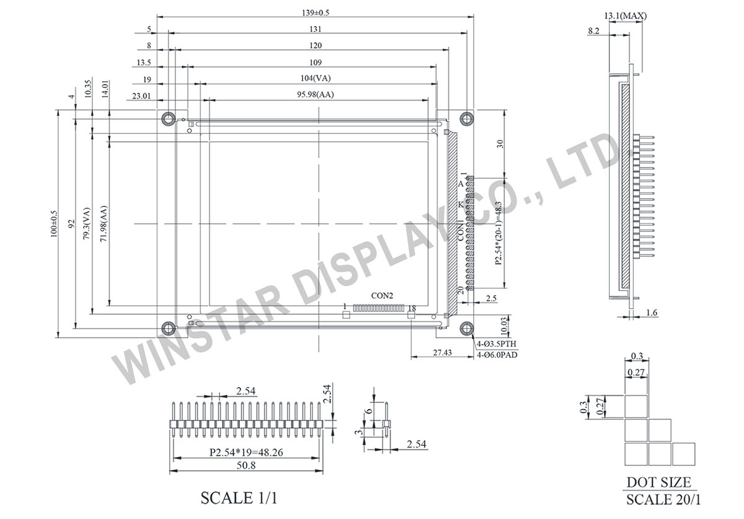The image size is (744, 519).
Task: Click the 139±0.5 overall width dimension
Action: coord(316,13)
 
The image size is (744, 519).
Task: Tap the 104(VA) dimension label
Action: coord(316,78)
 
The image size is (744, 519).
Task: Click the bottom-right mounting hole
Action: coord(466,329)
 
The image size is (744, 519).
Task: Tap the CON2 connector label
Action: coord(382,296)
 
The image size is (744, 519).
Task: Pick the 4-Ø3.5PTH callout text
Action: coord(497,344)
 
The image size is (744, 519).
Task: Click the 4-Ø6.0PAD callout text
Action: coord(497,355)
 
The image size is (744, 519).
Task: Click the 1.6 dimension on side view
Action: coord(652,314)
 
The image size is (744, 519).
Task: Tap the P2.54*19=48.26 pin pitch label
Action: coord(247,453)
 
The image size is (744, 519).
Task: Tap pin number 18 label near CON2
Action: coord(412,308)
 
